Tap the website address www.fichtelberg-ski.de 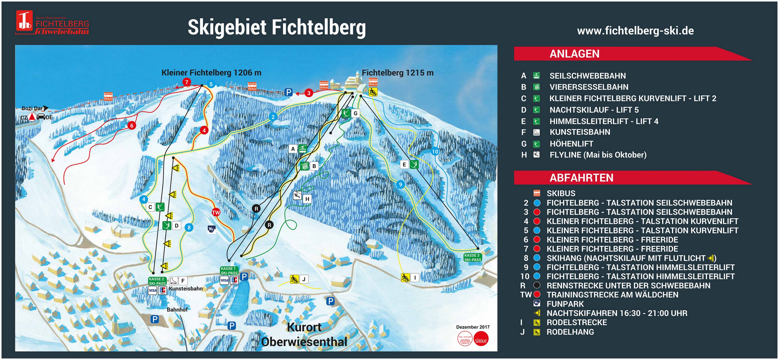click(x=635, y=31)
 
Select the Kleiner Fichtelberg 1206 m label click(x=211, y=73)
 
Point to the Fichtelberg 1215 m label click(x=397, y=73)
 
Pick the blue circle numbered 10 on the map click(x=435, y=152)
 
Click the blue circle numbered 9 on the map click(x=400, y=184)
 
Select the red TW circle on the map click(x=216, y=212)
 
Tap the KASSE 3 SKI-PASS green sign click(x=472, y=257)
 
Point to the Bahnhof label click(x=177, y=309)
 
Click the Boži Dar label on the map click(x=32, y=108)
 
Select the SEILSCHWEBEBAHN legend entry click(x=587, y=76)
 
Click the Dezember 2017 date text click(x=473, y=327)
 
